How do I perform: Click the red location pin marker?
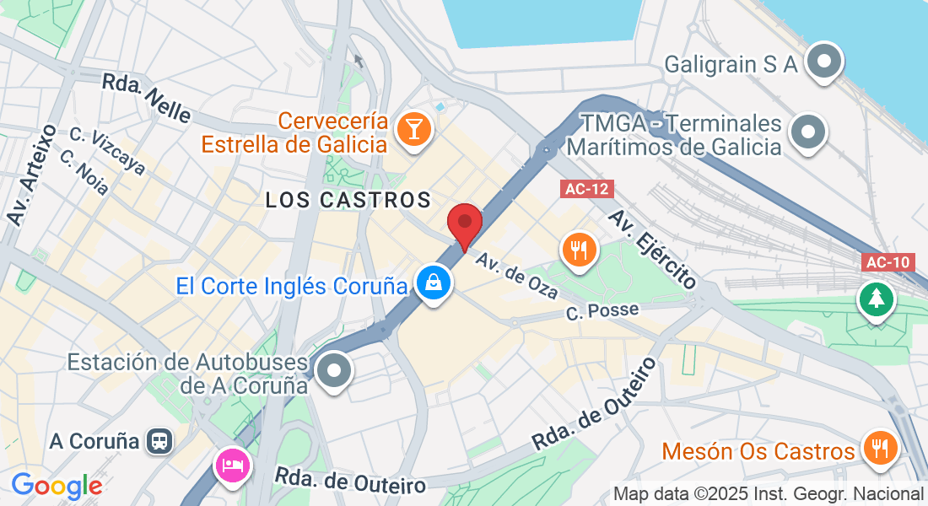pyautogui.click(x=464, y=223)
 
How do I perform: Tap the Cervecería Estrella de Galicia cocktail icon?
pyautogui.click(x=415, y=129)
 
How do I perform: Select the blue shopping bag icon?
pyautogui.click(x=434, y=283)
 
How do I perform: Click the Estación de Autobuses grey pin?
pyautogui.click(x=335, y=369)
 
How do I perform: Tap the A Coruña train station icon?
pyautogui.click(x=158, y=441)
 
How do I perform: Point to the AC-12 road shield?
pyautogui.click(x=586, y=190)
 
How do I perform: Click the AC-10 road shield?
pyautogui.click(x=889, y=262)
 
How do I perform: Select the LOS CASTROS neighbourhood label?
pyautogui.click(x=348, y=200)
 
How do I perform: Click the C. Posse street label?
pyautogui.click(x=602, y=311)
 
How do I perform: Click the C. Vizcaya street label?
pyautogui.click(x=107, y=153)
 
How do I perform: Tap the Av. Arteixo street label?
pyautogui.click(x=32, y=175)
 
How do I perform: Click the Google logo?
pyautogui.click(x=57, y=487)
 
